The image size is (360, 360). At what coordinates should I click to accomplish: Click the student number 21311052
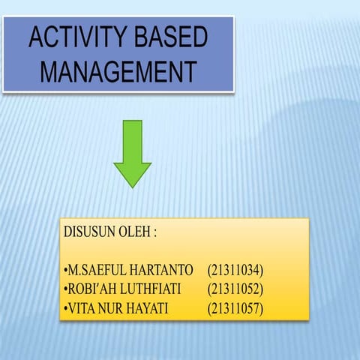pos(236,289)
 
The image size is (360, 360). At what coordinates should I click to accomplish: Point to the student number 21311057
pos(236,307)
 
